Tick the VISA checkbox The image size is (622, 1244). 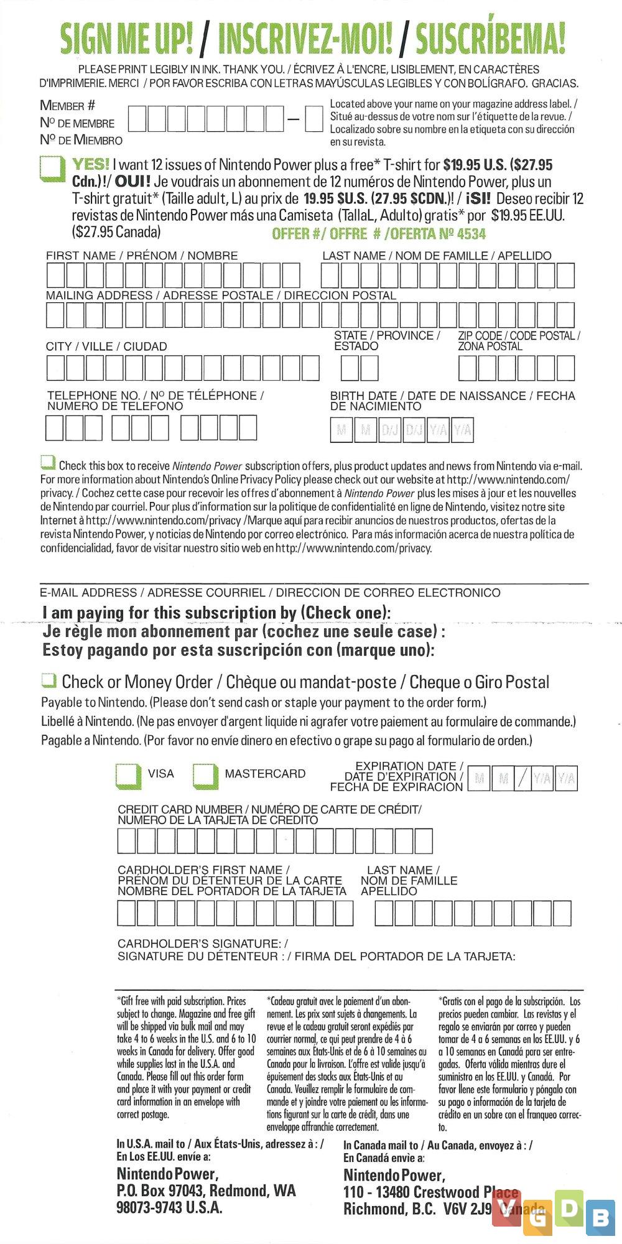(129, 775)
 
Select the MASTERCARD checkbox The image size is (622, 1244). (205, 775)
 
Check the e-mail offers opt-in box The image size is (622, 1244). (47, 462)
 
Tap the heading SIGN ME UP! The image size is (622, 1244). (126, 39)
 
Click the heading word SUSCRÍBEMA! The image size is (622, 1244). (491, 39)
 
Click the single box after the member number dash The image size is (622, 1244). (314, 119)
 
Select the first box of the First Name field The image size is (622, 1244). (55, 276)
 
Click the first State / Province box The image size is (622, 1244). (350, 368)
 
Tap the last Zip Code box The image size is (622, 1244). (565, 368)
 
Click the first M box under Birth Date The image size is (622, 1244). (341, 429)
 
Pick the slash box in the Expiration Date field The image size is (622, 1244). (523, 778)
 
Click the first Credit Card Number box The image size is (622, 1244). (127, 842)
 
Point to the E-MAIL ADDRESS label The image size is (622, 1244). (88, 593)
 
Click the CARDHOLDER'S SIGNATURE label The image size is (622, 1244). (203, 944)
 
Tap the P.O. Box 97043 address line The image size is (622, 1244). (206, 1191)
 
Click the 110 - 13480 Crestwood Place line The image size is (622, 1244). (430, 1192)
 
